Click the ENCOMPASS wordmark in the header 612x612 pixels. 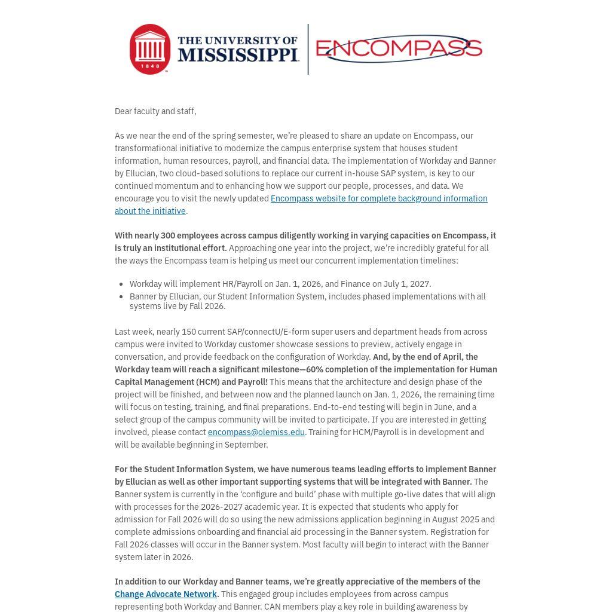pyautogui.click(x=399, y=48)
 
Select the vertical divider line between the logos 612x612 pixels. pyautogui.click(x=308, y=49)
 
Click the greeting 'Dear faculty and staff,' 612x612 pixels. pyautogui.click(x=155, y=111)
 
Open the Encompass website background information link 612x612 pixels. pyautogui.click(x=378, y=198)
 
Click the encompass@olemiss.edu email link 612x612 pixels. pyautogui.click(x=256, y=432)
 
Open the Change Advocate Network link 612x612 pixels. pyautogui.click(x=166, y=594)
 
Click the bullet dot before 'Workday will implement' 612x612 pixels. pyautogui.click(x=122, y=284)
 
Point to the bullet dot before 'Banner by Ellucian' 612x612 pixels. pyautogui.click(x=122, y=296)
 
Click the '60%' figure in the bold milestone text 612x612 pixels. pyautogui.click(x=314, y=369)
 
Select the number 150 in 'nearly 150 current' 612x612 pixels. pyautogui.click(x=189, y=332)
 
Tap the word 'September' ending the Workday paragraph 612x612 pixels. pyautogui.click(x=247, y=445)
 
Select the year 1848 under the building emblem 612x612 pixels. pyautogui.click(x=149, y=65)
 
